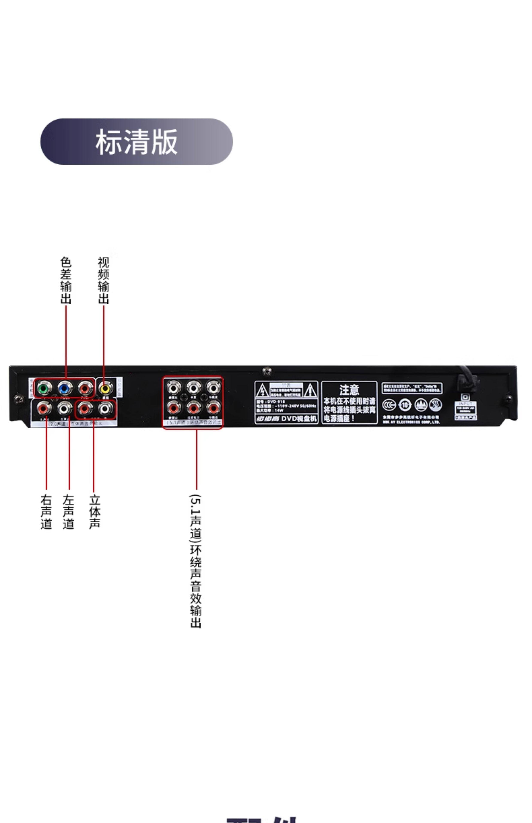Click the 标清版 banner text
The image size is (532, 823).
pos(136,142)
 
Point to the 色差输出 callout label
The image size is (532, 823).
pos(66,280)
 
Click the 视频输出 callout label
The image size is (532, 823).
pos(103,280)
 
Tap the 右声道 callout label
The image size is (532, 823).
pos(46,512)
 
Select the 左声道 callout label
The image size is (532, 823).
pos(69,512)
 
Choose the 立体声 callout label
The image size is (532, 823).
pos(95,512)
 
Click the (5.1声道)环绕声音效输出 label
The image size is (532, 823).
pos(196,561)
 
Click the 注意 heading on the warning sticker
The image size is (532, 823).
pos(349,390)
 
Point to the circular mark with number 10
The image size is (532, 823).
pos(405,405)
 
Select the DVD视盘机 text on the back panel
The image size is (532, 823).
pos(299,419)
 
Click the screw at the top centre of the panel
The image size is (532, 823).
pos(267,371)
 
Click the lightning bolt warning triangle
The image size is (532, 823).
pos(262,391)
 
